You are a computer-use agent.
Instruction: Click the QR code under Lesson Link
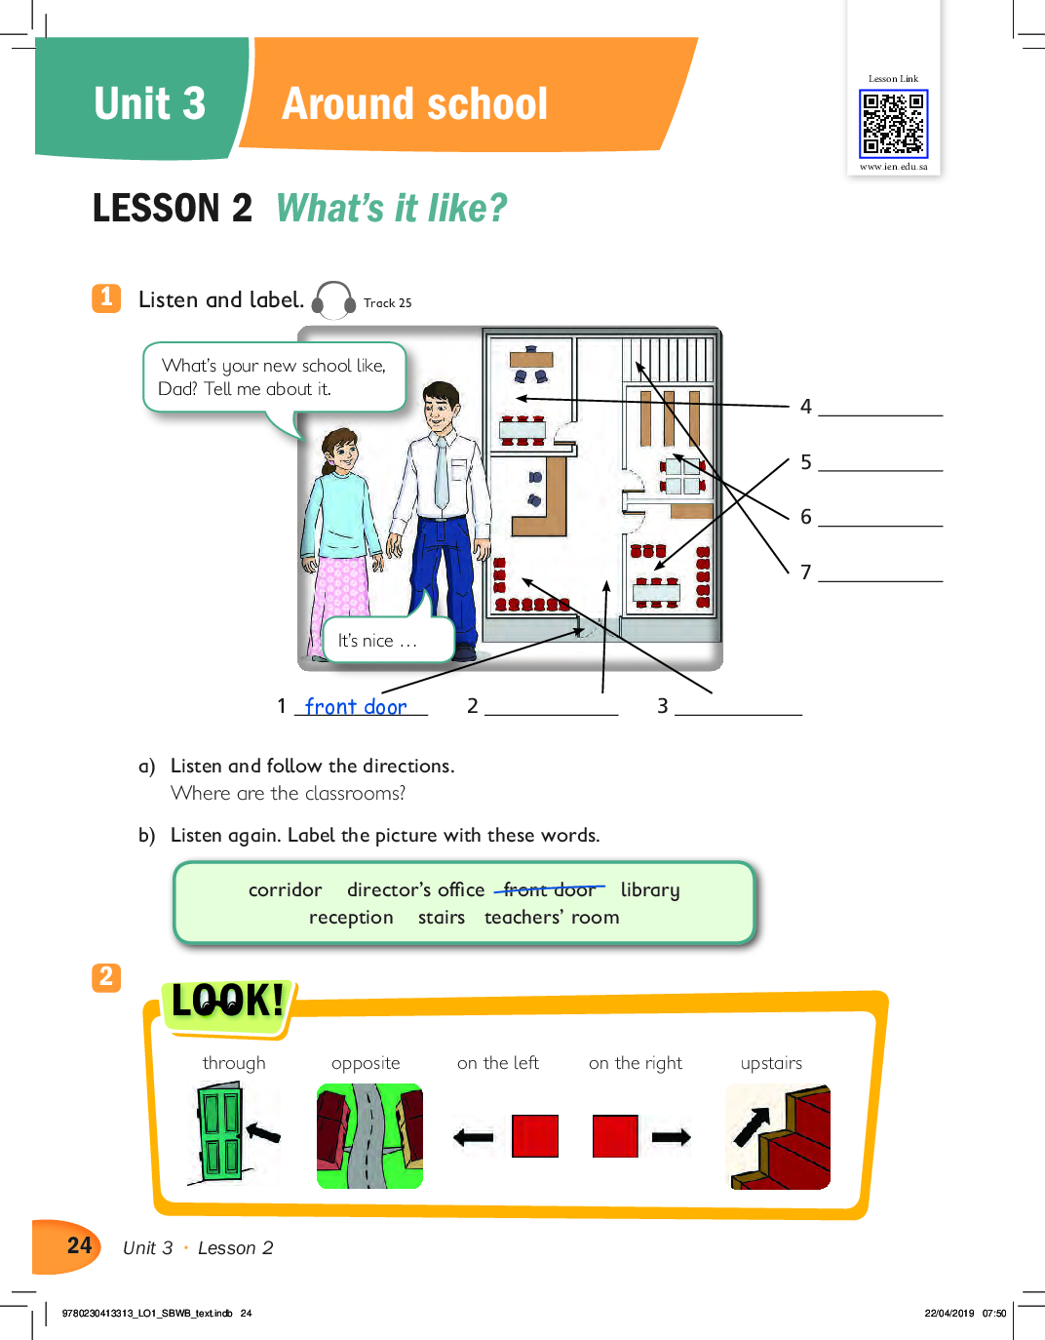coord(894,123)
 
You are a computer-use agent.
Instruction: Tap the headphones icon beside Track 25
coord(333,300)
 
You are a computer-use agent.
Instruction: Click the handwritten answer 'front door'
coord(356,707)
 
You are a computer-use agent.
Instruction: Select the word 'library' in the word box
coord(650,890)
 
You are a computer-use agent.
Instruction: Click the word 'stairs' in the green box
coord(442,918)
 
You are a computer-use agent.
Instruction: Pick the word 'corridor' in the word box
coord(286,889)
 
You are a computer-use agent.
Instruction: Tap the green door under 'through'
coord(218,1133)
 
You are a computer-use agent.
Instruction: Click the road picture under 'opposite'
coord(369,1136)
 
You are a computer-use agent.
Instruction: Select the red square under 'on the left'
coord(535,1136)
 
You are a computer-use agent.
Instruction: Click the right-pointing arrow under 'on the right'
coord(671,1136)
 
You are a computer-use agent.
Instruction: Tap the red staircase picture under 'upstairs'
coord(780,1136)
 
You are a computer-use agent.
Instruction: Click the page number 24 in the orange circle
coord(80,1245)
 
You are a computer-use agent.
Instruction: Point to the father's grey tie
coord(442,473)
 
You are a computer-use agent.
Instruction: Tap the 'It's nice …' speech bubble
coord(388,640)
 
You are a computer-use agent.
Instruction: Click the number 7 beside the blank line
coord(805,572)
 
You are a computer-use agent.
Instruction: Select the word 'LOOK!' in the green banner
coord(227,1001)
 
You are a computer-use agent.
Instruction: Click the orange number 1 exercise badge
coord(106,297)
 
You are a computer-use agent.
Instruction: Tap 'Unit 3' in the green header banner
coord(150,103)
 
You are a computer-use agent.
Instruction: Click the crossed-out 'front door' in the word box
coord(550,889)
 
